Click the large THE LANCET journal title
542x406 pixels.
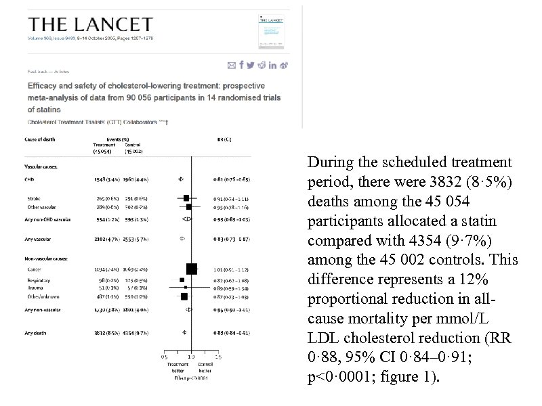pyautogui.click(x=89, y=24)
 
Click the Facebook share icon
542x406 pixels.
pyautogui.click(x=242, y=65)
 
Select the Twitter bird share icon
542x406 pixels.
pyautogui.click(x=251, y=65)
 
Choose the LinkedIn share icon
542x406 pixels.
pyautogui.click(x=272, y=65)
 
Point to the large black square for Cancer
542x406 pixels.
pyautogui.click(x=191, y=269)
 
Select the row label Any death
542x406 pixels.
pyautogui.click(x=37, y=332)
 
